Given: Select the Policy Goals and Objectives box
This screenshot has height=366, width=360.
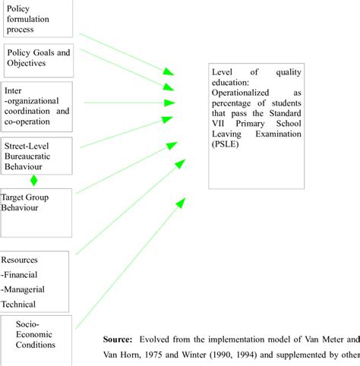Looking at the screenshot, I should (x=39, y=58).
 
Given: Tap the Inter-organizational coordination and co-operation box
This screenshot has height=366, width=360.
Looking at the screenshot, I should (x=37, y=106).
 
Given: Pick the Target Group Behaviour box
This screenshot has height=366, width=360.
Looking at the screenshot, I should (x=36, y=204).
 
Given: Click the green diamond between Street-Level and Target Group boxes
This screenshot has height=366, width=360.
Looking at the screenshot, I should (x=33, y=181).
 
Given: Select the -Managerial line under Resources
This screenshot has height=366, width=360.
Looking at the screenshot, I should (x=23, y=289).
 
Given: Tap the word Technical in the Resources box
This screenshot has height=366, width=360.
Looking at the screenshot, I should (x=19, y=303).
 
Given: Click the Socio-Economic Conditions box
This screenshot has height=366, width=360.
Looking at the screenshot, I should (x=39, y=334).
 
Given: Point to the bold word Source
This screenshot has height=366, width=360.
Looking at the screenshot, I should (x=117, y=339).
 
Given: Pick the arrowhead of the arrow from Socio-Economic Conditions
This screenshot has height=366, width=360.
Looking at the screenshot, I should (x=180, y=200).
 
